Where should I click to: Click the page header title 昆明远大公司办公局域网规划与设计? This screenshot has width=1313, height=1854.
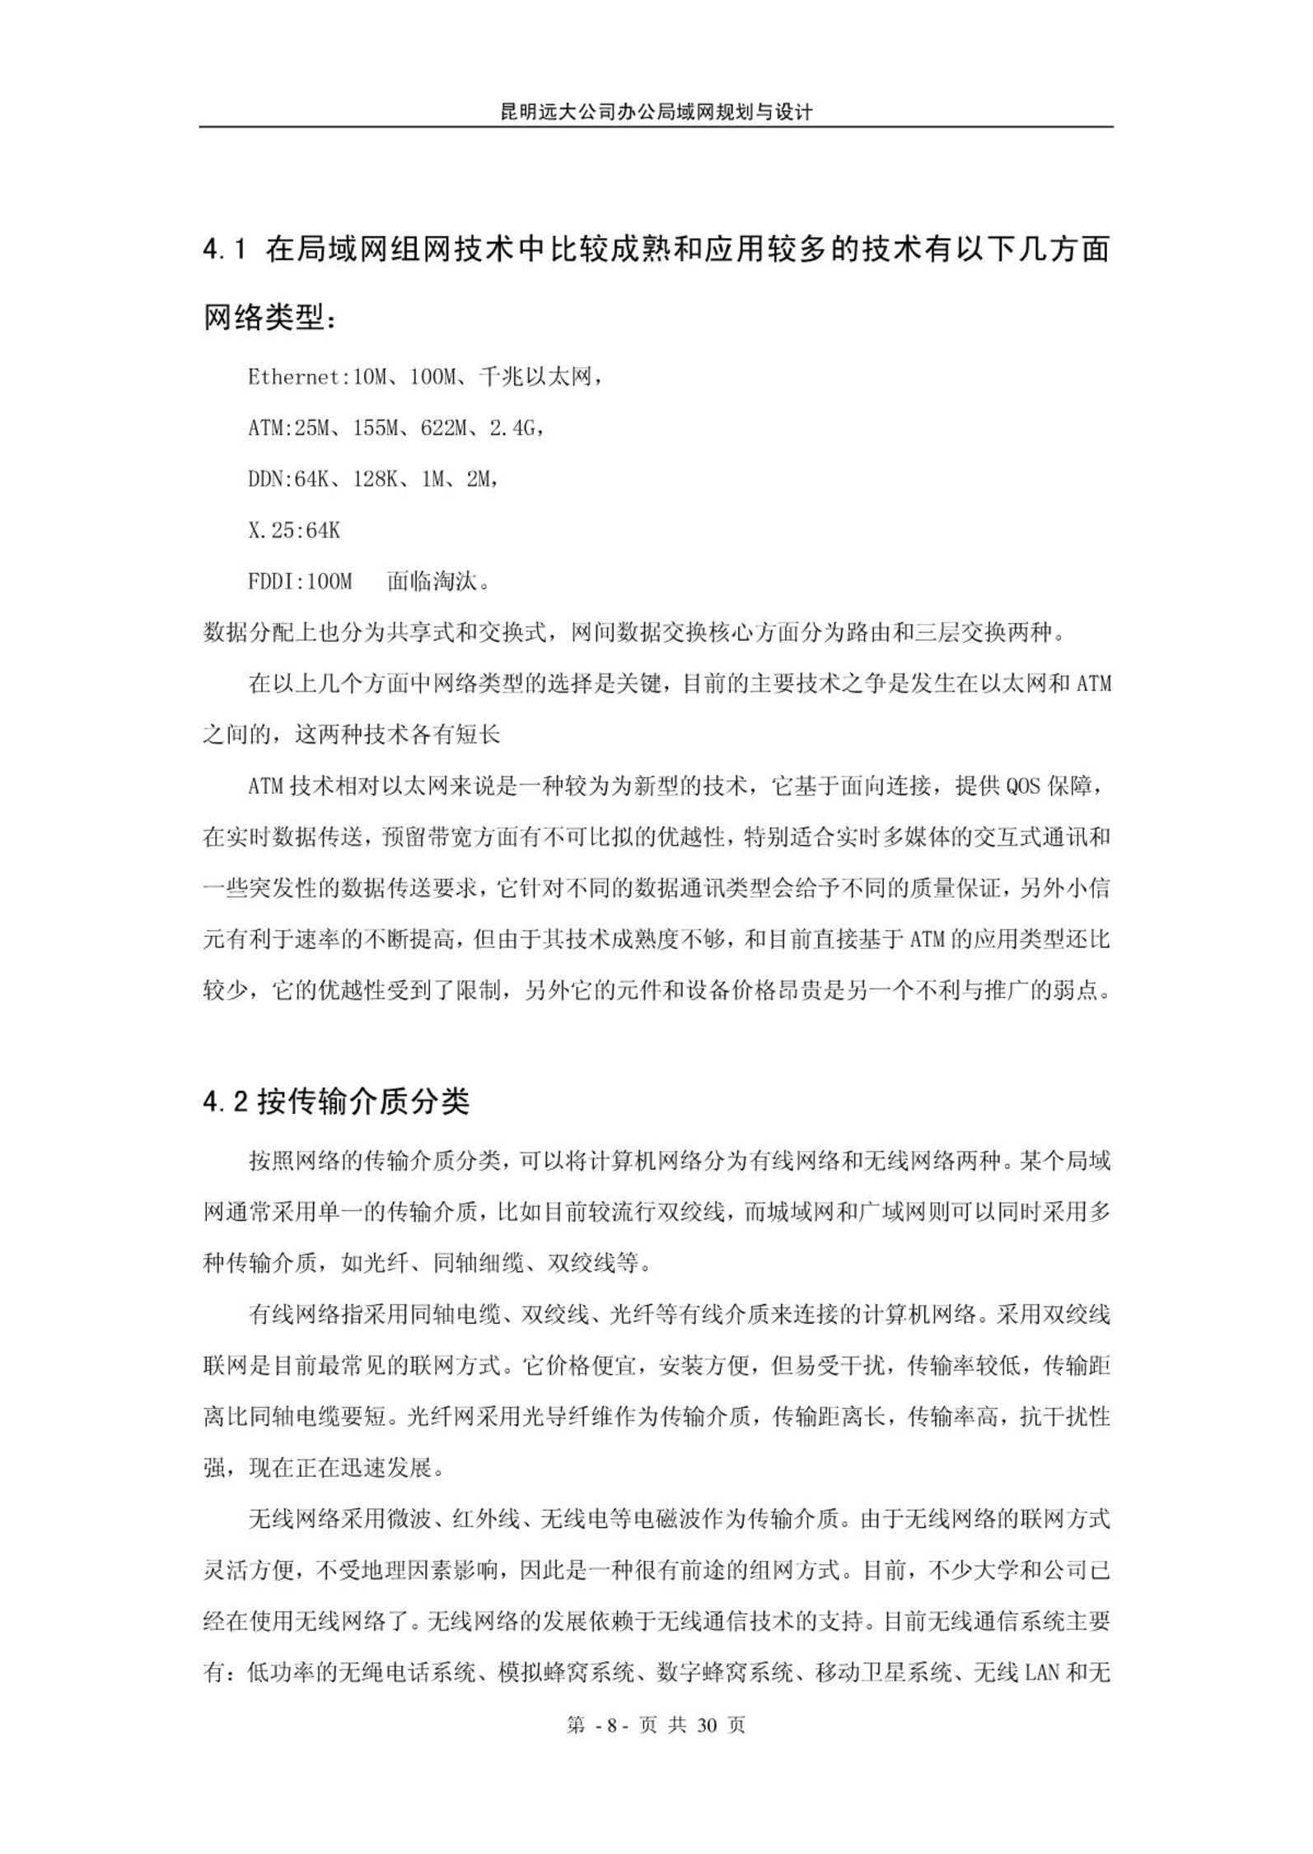click(656, 111)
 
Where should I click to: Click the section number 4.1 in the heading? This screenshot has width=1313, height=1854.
click(225, 249)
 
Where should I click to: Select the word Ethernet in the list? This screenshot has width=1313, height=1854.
click(294, 378)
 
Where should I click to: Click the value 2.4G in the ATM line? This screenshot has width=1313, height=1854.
click(512, 428)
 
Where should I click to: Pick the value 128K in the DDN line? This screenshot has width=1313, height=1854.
click(376, 479)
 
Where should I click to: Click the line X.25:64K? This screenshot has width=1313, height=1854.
click(294, 530)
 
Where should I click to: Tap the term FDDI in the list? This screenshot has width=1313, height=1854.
click(270, 582)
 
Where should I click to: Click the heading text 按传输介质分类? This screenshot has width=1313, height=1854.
click(363, 1102)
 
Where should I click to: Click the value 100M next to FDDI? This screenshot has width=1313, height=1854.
click(329, 582)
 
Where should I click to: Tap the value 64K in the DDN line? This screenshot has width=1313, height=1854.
click(311, 479)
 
